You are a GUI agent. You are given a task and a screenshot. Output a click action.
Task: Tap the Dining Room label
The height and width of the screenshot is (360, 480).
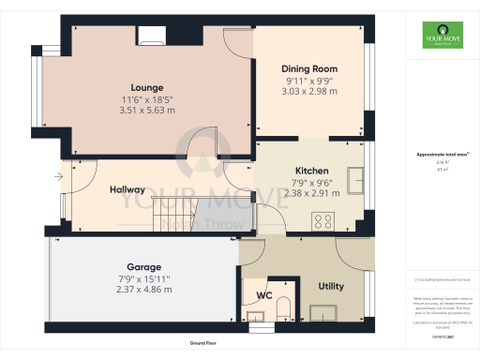pyautogui.click(x=309, y=69)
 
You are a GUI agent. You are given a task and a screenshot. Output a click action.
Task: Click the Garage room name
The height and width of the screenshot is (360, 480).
pyautogui.click(x=144, y=266)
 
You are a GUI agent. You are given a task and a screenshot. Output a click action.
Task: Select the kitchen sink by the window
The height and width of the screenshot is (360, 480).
pyautogui.click(x=356, y=179)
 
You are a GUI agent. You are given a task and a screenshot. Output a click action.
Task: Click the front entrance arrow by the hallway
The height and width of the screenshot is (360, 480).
pyautogui.click(x=61, y=174)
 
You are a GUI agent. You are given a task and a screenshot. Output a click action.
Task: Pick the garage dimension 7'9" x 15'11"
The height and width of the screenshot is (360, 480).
pyautogui.click(x=144, y=278)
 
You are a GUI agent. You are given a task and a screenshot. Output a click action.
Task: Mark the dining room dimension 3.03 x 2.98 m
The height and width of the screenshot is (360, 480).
pyautogui.click(x=309, y=94)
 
